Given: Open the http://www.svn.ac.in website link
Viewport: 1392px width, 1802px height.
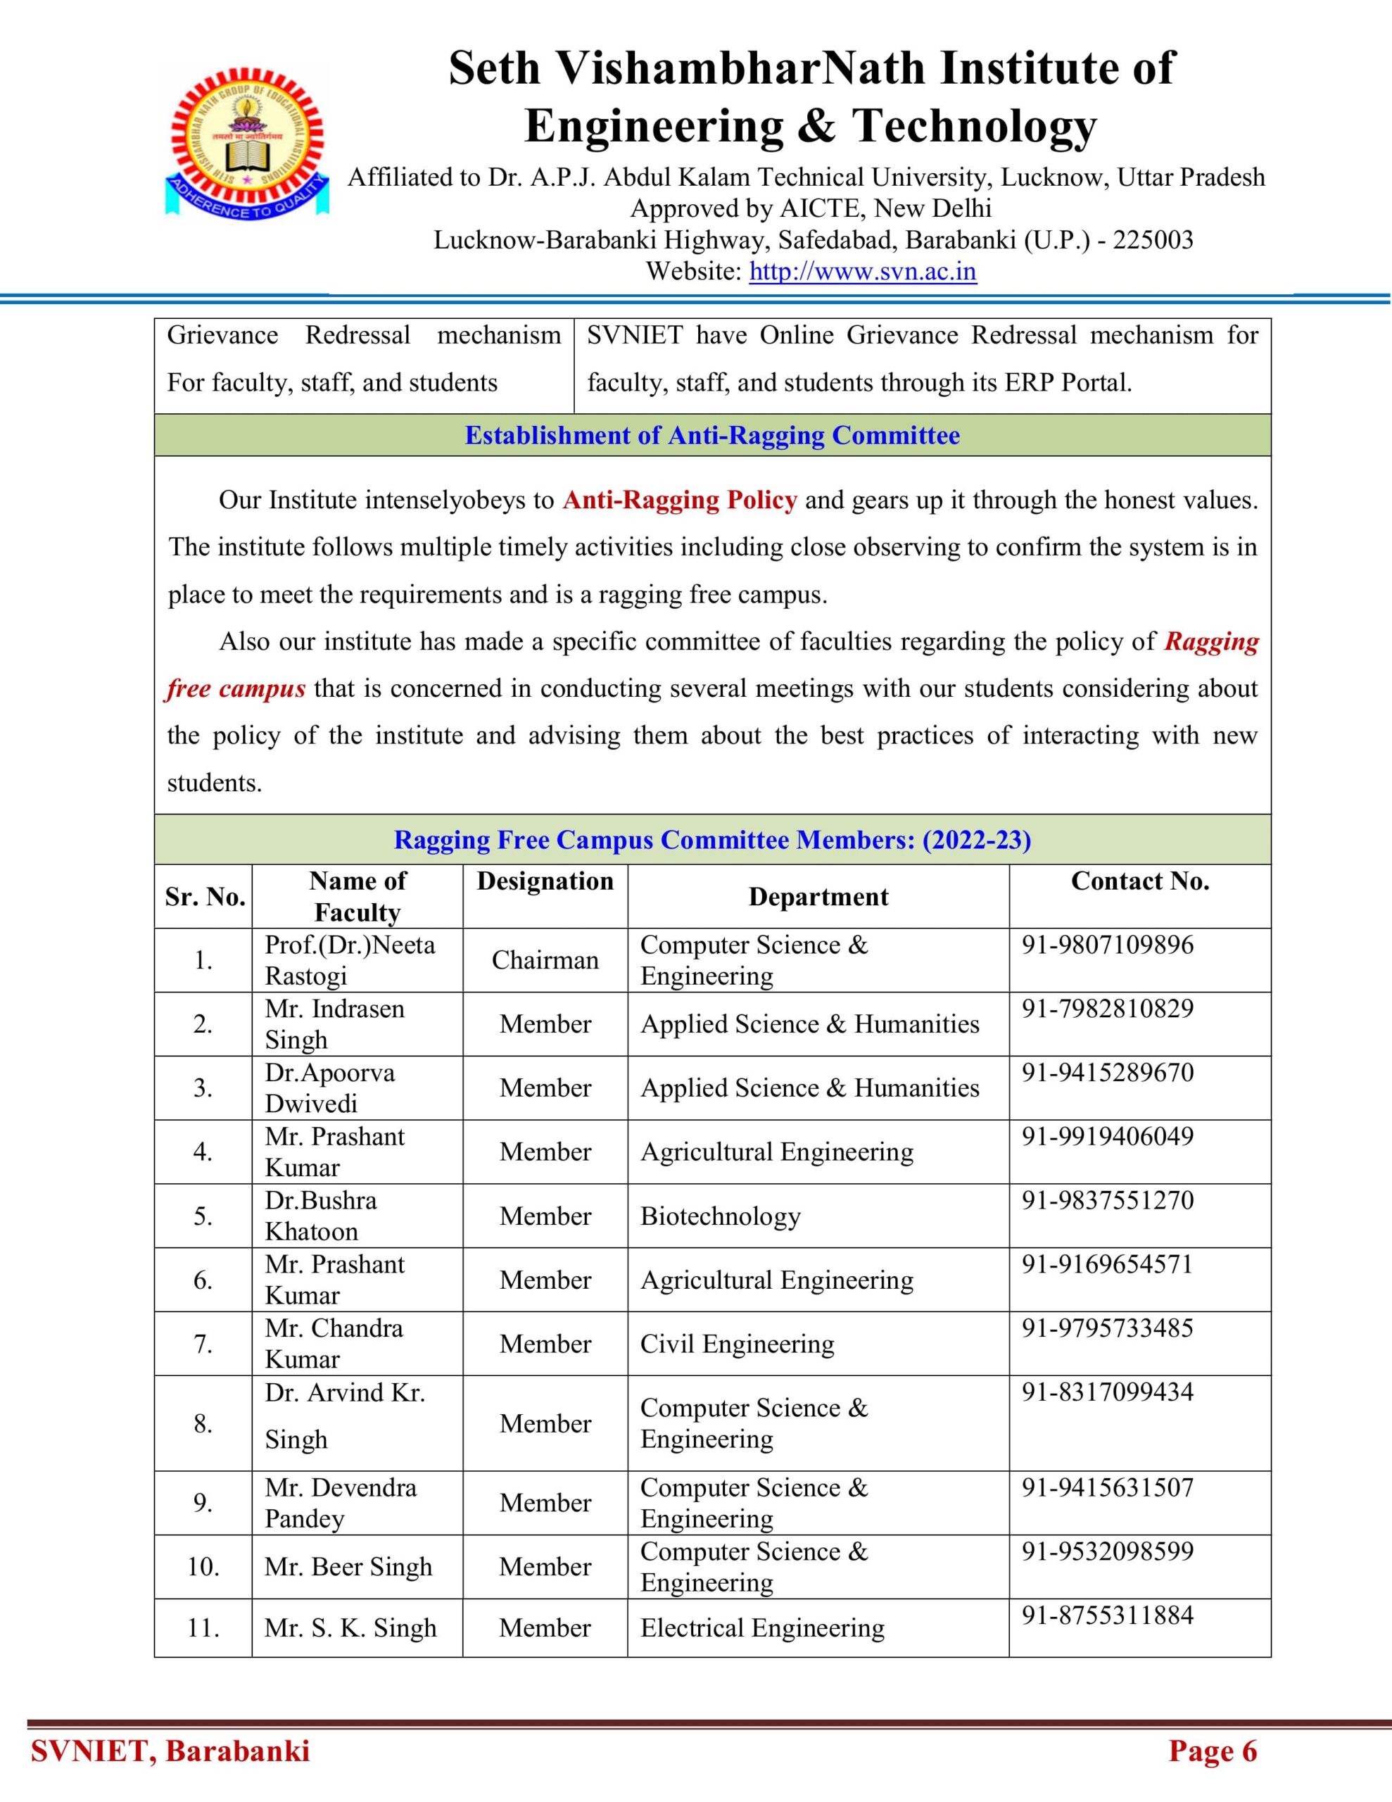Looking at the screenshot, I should [x=862, y=272].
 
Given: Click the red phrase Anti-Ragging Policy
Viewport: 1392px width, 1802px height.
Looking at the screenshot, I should [x=679, y=500].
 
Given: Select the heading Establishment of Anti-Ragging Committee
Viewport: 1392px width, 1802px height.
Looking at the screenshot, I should [x=712, y=436].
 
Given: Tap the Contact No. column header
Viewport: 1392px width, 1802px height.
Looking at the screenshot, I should [x=1139, y=881].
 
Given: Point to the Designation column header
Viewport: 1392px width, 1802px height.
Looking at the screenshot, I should [x=545, y=881].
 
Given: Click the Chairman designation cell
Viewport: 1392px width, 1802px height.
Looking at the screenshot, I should [x=545, y=959].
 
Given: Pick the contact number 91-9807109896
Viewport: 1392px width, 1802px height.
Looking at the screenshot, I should [x=1107, y=945].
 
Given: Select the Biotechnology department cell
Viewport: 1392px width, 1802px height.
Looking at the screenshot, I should [x=721, y=1216].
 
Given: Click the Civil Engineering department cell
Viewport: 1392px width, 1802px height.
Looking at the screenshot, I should [x=737, y=1344].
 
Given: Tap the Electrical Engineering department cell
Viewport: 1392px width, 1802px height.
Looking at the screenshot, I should [x=761, y=1628].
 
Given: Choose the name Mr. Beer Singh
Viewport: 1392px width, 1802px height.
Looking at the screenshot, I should [x=348, y=1567].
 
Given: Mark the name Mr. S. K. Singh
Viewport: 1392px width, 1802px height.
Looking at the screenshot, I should [x=350, y=1628].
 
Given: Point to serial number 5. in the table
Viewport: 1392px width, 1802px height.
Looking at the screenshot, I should [x=203, y=1216].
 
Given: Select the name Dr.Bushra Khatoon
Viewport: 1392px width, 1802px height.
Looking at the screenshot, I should [x=320, y=1216].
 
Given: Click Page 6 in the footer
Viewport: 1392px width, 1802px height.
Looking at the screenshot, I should [x=1212, y=1751].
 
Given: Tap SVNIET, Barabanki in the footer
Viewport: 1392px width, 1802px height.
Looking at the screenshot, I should [x=170, y=1751].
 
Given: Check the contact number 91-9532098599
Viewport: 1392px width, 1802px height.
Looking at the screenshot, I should [x=1107, y=1551].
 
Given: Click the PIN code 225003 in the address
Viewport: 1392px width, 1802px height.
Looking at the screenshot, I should [x=1153, y=240].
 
